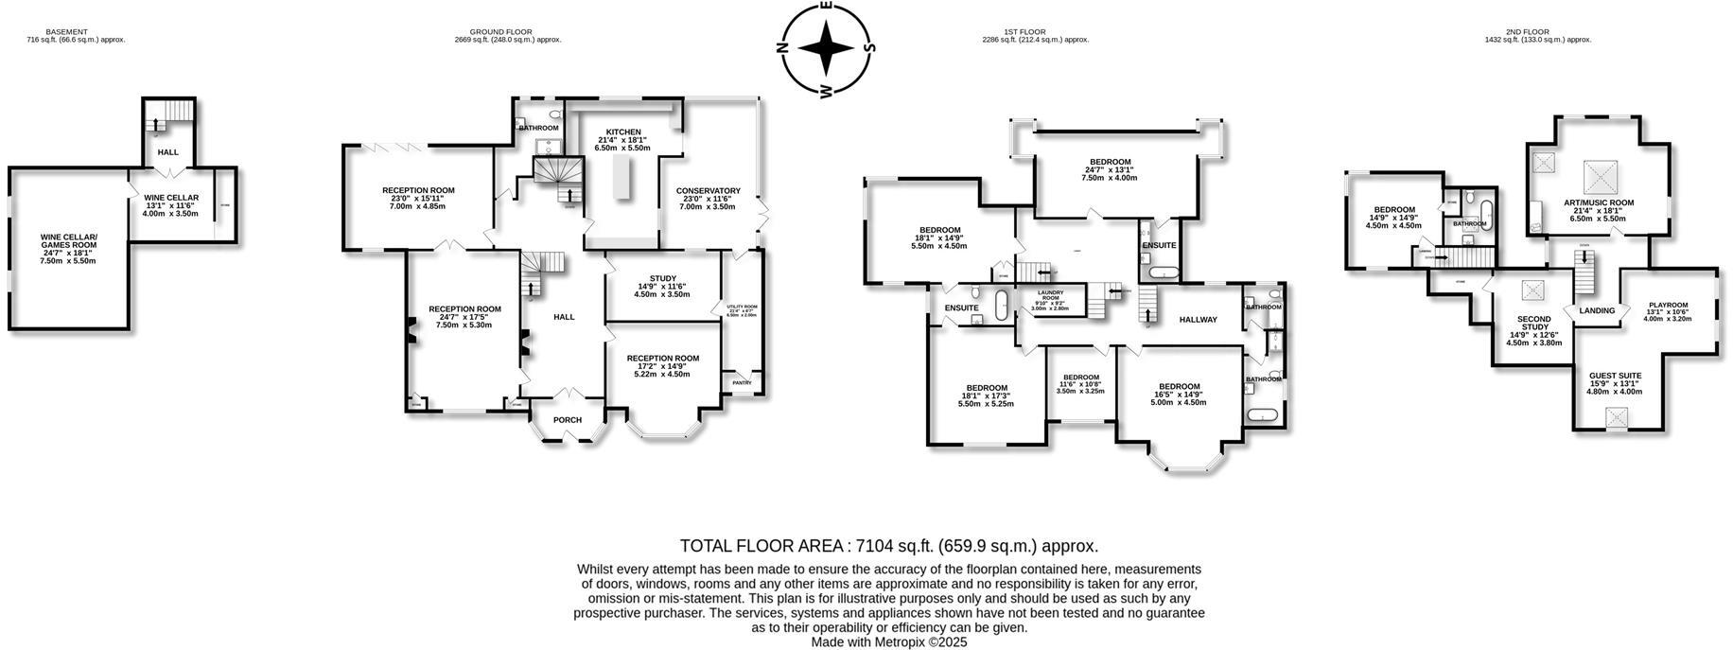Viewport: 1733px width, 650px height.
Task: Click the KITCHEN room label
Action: pyautogui.click(x=623, y=132)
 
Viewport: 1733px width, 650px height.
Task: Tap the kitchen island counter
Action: pyautogui.click(x=622, y=179)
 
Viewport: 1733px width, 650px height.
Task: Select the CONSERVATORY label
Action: pyautogui.click(x=708, y=191)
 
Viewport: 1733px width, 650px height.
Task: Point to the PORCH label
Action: pyautogui.click(x=567, y=420)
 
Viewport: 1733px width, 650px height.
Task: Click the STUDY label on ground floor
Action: pyautogui.click(x=662, y=278)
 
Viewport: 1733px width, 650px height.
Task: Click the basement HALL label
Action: pyautogui.click(x=167, y=152)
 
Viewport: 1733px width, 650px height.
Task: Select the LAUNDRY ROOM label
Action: pyautogui.click(x=1050, y=295)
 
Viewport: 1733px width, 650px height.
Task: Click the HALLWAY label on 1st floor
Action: pyautogui.click(x=1198, y=320)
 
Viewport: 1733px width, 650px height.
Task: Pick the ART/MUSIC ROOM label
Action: pyautogui.click(x=1598, y=202)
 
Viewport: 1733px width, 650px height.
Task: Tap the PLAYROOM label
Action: pyautogui.click(x=1667, y=306)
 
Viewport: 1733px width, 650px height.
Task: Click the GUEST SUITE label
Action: pyautogui.click(x=1615, y=376)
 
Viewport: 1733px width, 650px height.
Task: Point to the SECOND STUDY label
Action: pyautogui.click(x=1532, y=323)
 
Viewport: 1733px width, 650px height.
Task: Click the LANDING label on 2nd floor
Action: pyautogui.click(x=1597, y=310)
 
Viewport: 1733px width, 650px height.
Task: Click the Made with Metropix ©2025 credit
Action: pyautogui.click(x=888, y=641)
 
